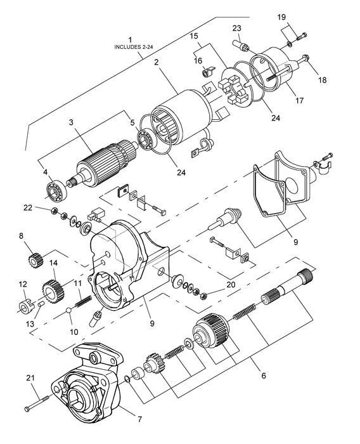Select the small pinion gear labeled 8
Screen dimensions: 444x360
point(39,259)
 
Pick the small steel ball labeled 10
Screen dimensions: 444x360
point(69,311)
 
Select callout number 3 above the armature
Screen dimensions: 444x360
point(71,122)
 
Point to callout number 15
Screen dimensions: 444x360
point(195,37)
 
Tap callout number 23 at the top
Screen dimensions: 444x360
point(236,28)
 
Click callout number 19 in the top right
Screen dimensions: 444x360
point(281,17)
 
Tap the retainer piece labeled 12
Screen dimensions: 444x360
point(25,308)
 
